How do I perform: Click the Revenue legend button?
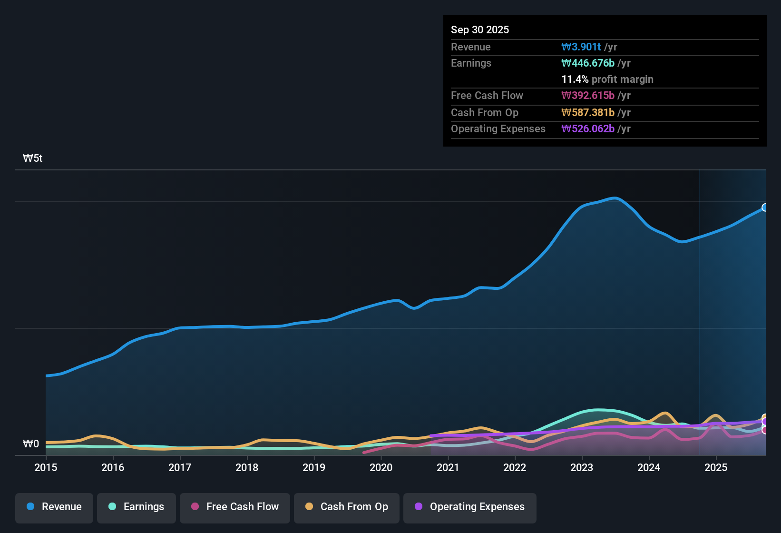coord(54,507)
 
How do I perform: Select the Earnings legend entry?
coord(137,507)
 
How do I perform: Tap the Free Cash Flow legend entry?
coord(235,507)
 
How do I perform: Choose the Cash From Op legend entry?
coord(347,507)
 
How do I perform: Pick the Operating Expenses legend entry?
coord(470,507)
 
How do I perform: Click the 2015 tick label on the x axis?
coord(46,467)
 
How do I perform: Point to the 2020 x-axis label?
coord(381,467)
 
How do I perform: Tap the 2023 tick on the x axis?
coord(582,467)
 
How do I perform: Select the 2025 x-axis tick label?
coord(716,467)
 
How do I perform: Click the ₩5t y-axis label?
coord(33,158)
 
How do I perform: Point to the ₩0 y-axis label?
coord(31,444)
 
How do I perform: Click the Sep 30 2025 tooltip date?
coord(480,30)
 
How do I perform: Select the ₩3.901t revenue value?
coord(581,47)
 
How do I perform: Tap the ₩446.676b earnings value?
coord(588,63)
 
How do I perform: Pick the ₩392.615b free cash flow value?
coord(588,95)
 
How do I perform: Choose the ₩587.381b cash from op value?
coord(588,112)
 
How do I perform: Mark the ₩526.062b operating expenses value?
coord(588,128)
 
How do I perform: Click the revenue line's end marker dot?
coord(765,207)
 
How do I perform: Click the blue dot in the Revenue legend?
coord(30,506)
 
